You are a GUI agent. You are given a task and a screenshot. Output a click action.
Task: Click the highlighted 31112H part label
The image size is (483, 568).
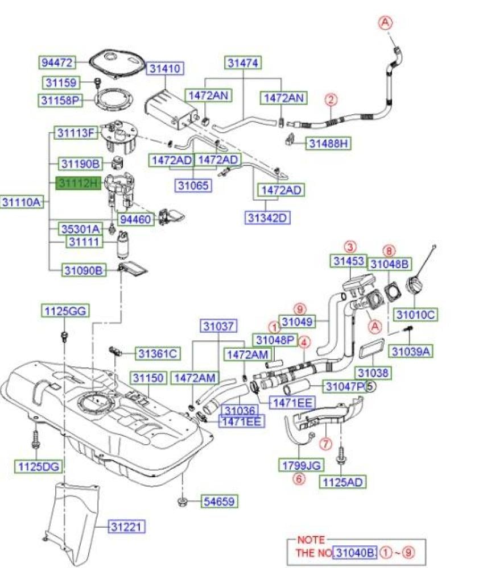[79, 183]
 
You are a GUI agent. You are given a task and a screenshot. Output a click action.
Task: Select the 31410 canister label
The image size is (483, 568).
[165, 68]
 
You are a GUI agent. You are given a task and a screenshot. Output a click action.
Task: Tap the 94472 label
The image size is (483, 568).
[57, 62]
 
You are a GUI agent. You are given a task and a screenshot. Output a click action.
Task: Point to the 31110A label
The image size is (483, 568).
[22, 202]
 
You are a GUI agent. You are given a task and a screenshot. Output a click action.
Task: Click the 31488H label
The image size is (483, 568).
[328, 144]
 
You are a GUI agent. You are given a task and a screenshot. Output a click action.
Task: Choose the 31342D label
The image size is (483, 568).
[267, 218]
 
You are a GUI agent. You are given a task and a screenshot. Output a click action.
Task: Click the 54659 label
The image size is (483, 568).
[220, 502]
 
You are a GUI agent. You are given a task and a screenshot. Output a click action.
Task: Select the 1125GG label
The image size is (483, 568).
[65, 311]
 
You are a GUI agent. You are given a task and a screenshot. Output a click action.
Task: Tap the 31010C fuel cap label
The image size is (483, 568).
[415, 315]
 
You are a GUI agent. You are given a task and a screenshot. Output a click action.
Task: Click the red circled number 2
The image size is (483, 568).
[331, 99]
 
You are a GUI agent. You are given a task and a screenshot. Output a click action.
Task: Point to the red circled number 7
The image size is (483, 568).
[325, 444]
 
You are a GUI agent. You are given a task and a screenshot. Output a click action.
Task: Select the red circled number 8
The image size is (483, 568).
[389, 251]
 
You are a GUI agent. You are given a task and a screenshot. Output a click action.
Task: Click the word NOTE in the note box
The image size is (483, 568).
[311, 540]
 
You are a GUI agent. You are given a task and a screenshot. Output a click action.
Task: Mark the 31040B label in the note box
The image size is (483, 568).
[355, 553]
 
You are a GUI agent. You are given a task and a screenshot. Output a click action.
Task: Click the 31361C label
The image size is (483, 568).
[158, 353]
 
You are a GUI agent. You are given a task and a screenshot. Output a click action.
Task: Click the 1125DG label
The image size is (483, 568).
[39, 466]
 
